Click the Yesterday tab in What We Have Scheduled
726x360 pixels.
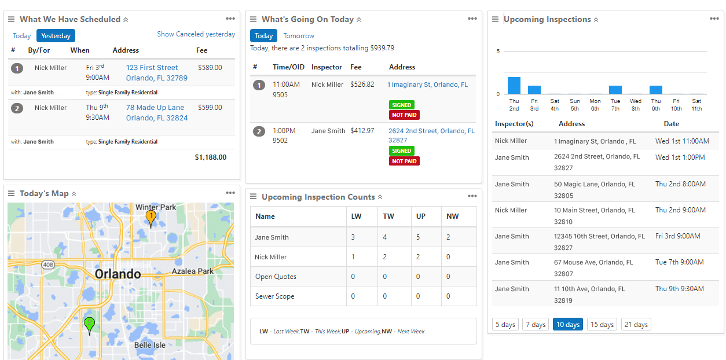point(56,36)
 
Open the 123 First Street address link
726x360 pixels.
point(152,68)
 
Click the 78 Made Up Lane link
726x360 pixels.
point(155,108)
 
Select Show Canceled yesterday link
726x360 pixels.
point(196,35)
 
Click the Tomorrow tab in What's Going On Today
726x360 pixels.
point(298,36)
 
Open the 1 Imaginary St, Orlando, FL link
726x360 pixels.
point(427,85)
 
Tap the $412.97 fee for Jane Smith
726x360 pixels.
point(362,131)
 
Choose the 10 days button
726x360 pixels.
point(568,325)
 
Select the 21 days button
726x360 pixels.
point(636,325)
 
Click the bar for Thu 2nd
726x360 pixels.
point(514,86)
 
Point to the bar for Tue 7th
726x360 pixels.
point(615,90)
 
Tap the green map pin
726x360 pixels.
point(89,325)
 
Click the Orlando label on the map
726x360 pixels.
point(118,274)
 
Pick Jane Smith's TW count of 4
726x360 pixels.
point(385,237)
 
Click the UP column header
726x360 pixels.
point(421,216)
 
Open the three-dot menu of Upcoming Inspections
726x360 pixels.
point(714,19)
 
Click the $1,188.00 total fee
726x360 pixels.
point(210,157)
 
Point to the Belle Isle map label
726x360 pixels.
point(149,345)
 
